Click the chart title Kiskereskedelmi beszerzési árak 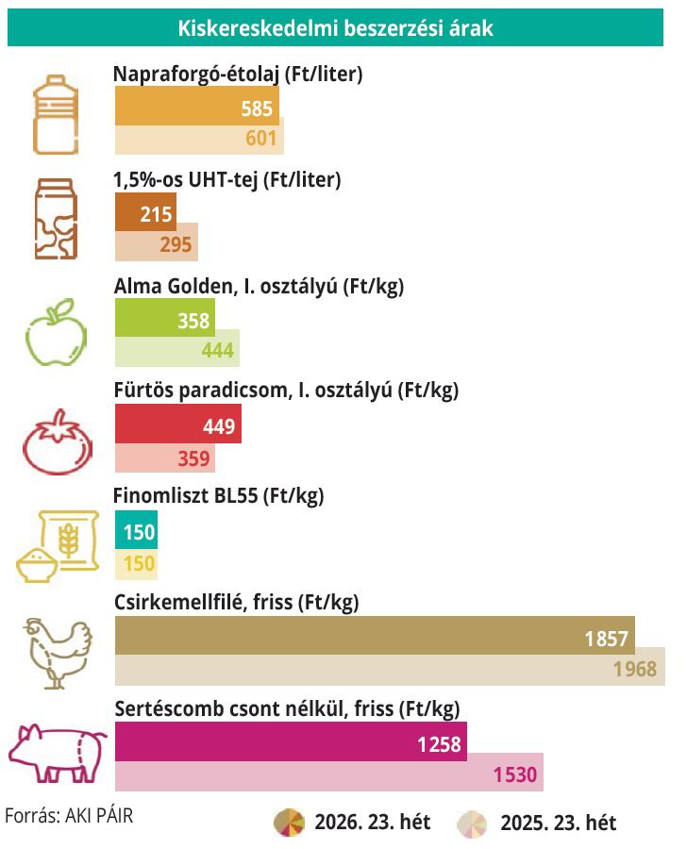point(335,27)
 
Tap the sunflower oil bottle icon point(56,114)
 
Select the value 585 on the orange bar point(257,108)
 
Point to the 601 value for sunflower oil point(261,138)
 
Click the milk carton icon point(56,219)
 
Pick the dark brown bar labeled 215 point(145,211)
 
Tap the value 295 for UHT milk point(176,244)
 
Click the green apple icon point(57,331)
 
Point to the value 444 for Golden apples point(218,350)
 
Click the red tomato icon point(58,441)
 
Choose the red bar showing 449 point(178,424)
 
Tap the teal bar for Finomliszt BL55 point(136,529)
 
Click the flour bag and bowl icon point(58,546)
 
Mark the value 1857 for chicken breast point(606,639)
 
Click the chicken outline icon point(58,653)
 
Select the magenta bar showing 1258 point(291,741)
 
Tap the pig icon point(58,753)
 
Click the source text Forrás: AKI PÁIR point(69,815)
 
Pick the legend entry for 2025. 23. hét point(537,823)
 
